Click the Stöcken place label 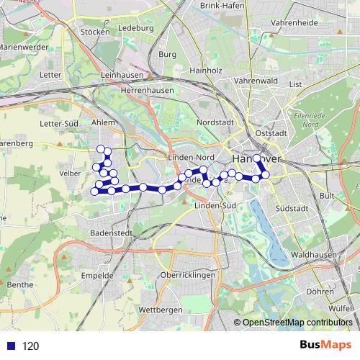95,32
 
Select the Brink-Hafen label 222,6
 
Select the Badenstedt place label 110,233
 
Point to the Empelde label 98,275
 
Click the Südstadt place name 291,208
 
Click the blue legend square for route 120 9,346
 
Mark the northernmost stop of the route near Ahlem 101,148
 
